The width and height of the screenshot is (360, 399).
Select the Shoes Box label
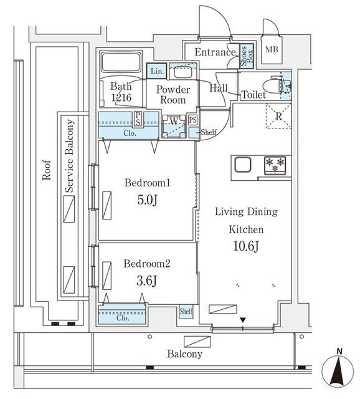click(x=247, y=57)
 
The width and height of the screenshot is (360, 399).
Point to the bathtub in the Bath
click(x=121, y=63)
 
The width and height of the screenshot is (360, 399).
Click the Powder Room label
click(x=172, y=94)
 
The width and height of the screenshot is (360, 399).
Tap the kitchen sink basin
click(x=242, y=165)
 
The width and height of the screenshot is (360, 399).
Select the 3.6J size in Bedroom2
click(x=146, y=280)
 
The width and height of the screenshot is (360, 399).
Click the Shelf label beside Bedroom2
click(x=186, y=311)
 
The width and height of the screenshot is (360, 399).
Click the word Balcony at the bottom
click(x=184, y=354)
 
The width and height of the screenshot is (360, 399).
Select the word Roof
click(x=46, y=171)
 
